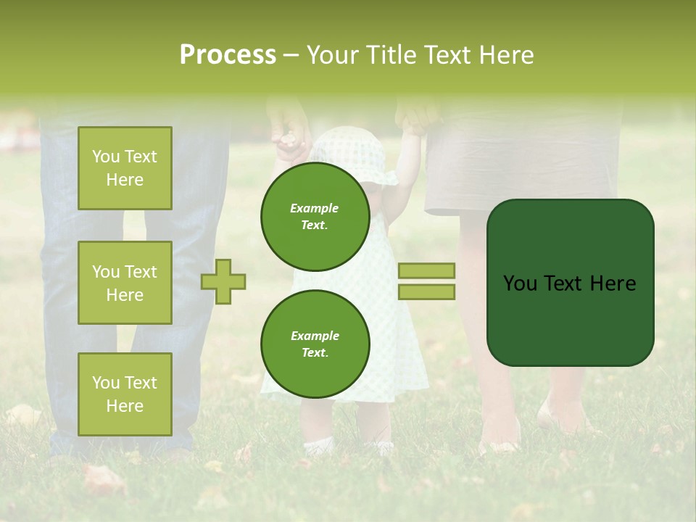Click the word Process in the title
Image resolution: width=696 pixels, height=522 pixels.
pos(228,55)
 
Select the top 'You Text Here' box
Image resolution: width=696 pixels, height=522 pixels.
pos(125,168)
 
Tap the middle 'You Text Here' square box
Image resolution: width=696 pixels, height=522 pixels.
pos(125,283)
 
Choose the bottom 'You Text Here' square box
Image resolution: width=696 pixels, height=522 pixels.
pos(125,394)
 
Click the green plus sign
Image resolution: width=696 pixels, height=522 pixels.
pos(223,281)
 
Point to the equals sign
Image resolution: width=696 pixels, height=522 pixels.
pos(426,281)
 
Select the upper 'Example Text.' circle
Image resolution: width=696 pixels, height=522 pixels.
pos(315,216)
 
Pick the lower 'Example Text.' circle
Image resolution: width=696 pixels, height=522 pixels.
pos(315,344)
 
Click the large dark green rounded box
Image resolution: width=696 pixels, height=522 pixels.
pos(570,283)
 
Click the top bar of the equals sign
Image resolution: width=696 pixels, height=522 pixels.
pos(426,270)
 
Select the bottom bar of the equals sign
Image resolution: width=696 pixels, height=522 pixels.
pos(426,292)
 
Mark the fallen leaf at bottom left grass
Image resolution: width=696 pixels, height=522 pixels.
pos(101,478)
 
